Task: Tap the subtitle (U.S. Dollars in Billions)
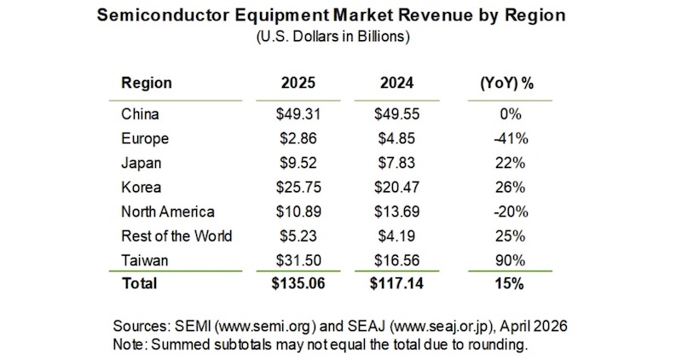tap(340, 37)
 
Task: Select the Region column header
tap(147, 83)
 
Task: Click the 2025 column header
tap(298, 83)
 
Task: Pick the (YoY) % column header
tap(508, 83)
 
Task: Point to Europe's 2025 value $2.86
tap(298, 138)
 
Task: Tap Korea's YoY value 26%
tap(508, 187)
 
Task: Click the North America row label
tap(168, 211)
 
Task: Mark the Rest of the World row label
tap(176, 235)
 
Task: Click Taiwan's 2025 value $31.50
tap(298, 259)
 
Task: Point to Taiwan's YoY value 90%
tap(508, 259)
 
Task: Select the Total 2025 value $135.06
tap(298, 283)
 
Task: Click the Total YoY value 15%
tap(508, 283)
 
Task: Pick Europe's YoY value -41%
tap(508, 138)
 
